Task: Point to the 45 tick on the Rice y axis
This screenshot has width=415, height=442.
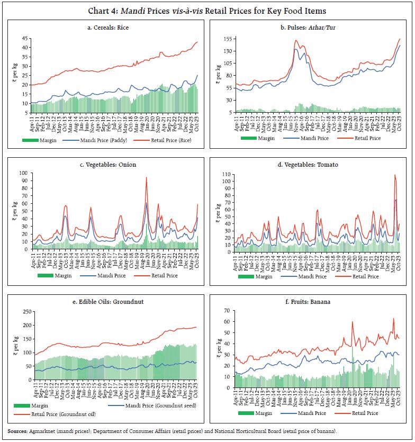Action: [25, 38]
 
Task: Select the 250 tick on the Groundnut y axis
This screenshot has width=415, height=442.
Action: [23, 312]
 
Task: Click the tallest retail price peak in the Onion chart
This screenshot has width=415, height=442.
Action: [147, 178]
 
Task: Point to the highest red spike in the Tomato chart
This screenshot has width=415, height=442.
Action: [394, 175]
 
